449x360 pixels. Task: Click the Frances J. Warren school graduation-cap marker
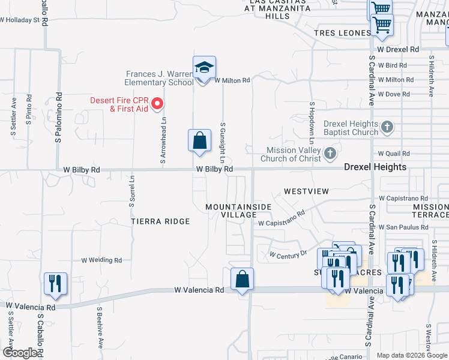(x=204, y=68)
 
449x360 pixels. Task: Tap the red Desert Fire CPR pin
(x=157, y=104)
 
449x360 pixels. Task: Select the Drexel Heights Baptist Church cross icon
(x=388, y=127)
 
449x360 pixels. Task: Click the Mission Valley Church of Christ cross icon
(x=330, y=154)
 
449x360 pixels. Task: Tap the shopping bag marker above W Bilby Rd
(x=200, y=142)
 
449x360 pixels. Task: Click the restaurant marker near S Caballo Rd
(x=55, y=284)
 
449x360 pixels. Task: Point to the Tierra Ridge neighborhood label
(x=160, y=221)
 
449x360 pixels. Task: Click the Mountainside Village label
(x=238, y=211)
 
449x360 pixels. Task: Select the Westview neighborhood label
(x=306, y=191)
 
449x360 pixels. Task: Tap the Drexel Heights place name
(x=375, y=167)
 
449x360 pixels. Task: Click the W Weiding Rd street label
(x=101, y=260)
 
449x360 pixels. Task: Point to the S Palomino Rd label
(x=59, y=117)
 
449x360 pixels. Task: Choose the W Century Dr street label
(x=288, y=254)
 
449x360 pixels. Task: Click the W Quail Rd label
(x=394, y=154)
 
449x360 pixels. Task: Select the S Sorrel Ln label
(x=132, y=190)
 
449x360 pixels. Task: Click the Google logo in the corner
(x=20, y=353)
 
